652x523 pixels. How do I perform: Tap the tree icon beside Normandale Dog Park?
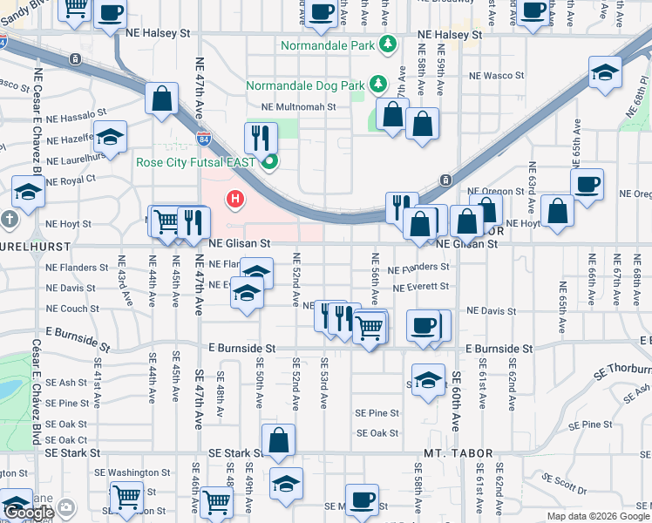377,84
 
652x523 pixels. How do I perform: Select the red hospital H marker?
234,200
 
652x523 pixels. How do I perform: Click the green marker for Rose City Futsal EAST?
270,161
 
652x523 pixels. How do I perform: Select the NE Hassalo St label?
76,113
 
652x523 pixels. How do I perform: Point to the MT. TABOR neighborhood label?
458,454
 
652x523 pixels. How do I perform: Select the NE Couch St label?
72,309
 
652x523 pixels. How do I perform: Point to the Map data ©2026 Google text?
598,516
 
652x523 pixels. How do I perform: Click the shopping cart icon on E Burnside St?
370,327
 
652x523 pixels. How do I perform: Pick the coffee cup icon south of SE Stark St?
361,499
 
